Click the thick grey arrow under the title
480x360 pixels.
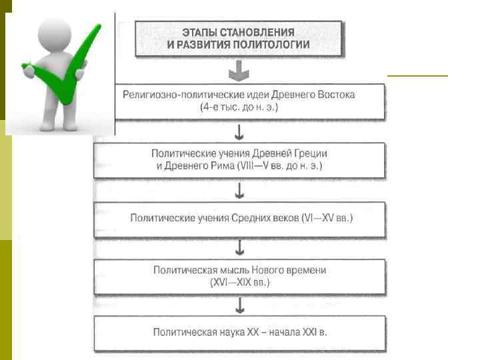pyautogui.click(x=239, y=70)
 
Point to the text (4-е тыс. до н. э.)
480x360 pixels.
pyautogui.click(x=239, y=107)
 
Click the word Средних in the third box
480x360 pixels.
pyautogui.click(x=252, y=218)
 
